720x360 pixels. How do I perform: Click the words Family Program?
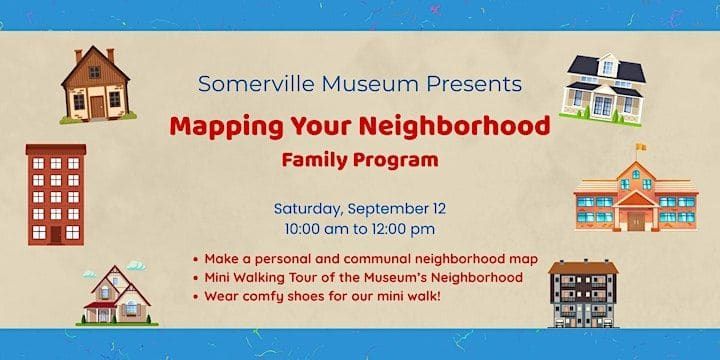pyautogui.click(x=360, y=160)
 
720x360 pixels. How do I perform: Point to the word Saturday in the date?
pyautogui.click(x=308, y=209)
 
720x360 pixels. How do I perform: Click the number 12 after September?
pyautogui.click(x=438, y=208)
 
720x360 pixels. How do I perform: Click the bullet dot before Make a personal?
pyautogui.click(x=196, y=260)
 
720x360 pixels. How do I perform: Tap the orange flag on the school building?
pyautogui.click(x=641, y=147)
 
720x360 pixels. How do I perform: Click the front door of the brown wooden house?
pyautogui.click(x=97, y=107)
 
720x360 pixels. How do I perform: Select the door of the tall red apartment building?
pyautogui.click(x=56, y=234)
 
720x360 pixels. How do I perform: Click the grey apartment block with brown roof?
pyautogui.click(x=583, y=293)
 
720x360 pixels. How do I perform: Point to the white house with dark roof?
pyautogui.click(x=603, y=89)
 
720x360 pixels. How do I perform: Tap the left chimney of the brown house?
pyautogui.click(x=79, y=55)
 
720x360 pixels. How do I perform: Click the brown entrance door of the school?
pyautogui.click(x=636, y=221)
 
